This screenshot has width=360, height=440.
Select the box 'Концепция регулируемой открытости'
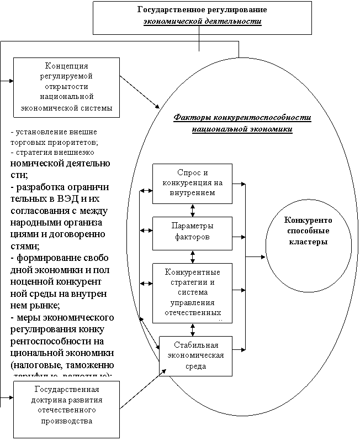[66, 87]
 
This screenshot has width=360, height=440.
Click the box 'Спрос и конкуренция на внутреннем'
[192, 184]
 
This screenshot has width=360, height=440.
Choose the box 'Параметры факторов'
[192, 232]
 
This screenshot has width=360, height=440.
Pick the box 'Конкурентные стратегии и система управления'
[192, 293]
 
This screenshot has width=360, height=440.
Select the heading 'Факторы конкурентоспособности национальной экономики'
[243, 123]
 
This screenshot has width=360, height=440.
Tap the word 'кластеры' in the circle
[308, 242]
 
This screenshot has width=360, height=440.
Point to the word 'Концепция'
[66, 66]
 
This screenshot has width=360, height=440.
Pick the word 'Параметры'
[192, 227]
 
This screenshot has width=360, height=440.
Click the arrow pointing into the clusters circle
[256, 257]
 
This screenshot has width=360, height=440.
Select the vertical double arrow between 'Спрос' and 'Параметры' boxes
[192, 211]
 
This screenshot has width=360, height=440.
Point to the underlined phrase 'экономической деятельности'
[202, 22]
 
